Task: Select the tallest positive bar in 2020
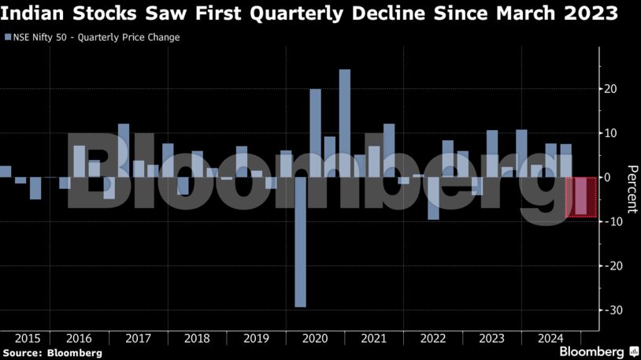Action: pos(344,123)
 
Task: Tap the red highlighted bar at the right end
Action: pos(580,196)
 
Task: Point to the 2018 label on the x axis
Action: pos(197,338)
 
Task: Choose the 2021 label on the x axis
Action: pos(373,338)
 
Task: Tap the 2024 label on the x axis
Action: pos(550,338)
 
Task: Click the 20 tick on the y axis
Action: pos(609,89)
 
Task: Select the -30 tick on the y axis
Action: pos(606,310)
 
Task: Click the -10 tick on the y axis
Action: pos(606,222)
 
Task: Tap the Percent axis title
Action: pos(631,190)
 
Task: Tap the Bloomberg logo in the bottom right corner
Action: pos(597,351)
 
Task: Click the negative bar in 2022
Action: pos(433,198)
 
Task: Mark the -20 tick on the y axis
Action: pos(606,266)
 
